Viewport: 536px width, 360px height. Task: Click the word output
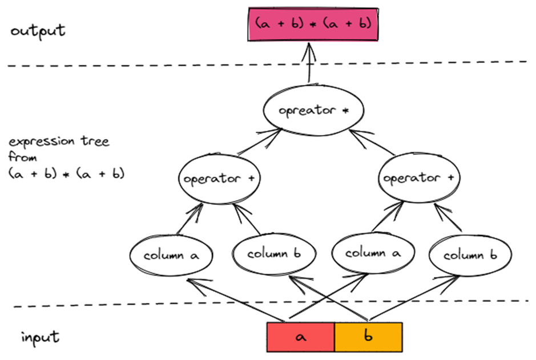coord(38,30)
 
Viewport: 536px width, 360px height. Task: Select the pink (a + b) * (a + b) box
coord(313,24)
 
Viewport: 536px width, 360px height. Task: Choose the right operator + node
coord(419,178)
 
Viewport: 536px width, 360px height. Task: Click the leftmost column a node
coord(171,255)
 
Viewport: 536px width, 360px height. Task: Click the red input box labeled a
coord(300,337)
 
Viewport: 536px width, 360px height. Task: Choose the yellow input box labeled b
coord(368,337)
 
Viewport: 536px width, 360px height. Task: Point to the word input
coord(40,337)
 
